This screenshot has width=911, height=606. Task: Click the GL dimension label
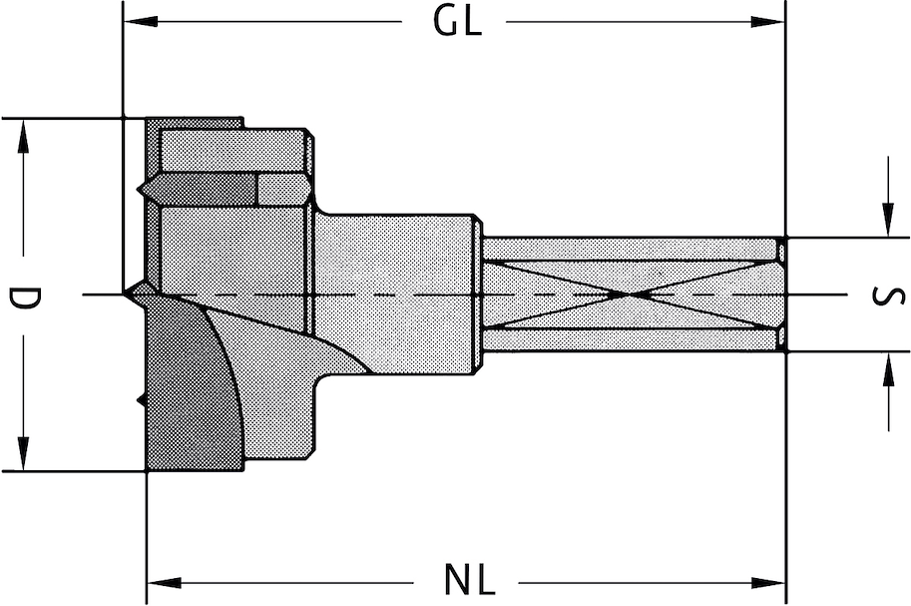tap(457, 22)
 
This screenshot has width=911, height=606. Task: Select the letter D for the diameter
tap(22, 297)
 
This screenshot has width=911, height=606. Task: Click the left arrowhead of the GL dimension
tap(135, 21)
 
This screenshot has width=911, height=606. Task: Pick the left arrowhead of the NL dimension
tap(160, 581)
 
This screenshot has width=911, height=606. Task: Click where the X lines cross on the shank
tap(632, 295)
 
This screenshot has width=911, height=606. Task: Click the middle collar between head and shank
tap(394, 295)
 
